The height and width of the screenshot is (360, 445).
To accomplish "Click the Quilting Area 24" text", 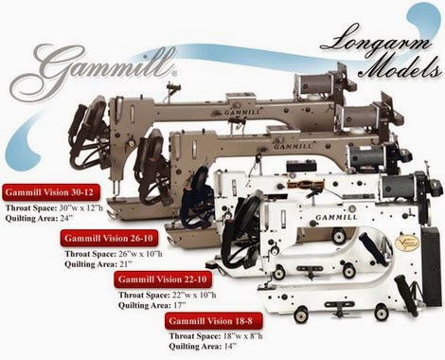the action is click(48, 216).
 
